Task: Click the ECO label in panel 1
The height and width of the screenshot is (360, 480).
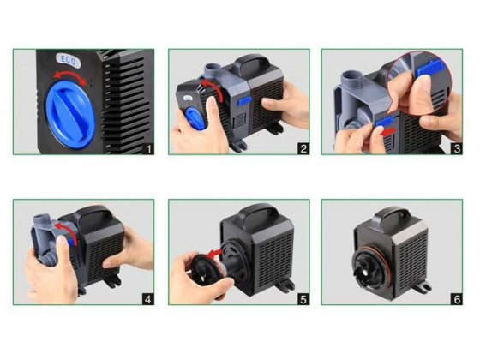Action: tap(69, 60)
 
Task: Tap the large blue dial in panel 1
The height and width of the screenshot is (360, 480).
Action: tap(70, 115)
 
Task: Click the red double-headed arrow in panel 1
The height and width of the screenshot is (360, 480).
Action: tap(70, 77)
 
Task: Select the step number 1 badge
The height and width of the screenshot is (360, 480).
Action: tap(149, 149)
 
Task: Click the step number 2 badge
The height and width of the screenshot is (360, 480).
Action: tap(303, 149)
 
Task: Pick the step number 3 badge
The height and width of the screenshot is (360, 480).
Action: tap(457, 149)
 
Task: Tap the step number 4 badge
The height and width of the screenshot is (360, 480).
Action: tap(148, 299)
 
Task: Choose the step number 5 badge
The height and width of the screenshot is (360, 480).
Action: tap(303, 299)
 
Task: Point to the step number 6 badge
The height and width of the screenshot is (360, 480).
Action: tap(457, 299)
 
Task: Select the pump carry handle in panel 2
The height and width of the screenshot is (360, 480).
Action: tap(252, 63)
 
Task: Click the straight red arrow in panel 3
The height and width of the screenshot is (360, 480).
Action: tap(387, 132)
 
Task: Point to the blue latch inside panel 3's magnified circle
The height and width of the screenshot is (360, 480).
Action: tap(429, 69)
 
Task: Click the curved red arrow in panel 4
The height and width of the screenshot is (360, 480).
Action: tap(65, 231)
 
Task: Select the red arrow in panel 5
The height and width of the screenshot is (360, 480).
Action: tap(213, 253)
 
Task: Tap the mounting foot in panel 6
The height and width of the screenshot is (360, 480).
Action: tap(423, 287)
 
